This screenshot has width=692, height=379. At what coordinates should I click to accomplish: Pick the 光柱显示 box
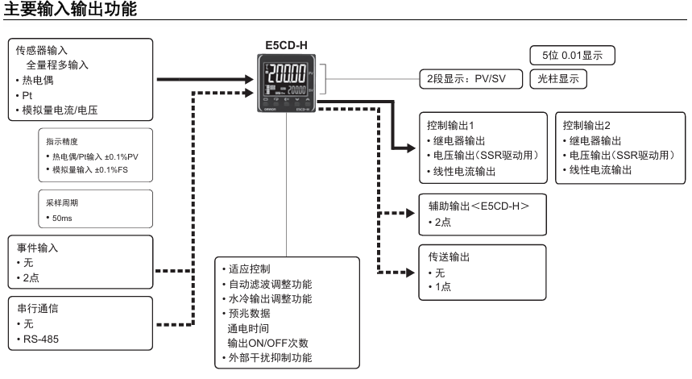(557, 79)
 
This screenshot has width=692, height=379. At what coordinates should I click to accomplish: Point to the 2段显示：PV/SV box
(467, 79)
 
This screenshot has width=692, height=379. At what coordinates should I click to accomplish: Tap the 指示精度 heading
(62, 141)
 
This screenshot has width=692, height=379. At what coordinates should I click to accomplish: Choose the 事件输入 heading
(36, 249)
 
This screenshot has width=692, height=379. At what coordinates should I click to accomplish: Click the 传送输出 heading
(449, 257)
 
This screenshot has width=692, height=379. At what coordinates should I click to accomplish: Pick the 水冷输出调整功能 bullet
(269, 298)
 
